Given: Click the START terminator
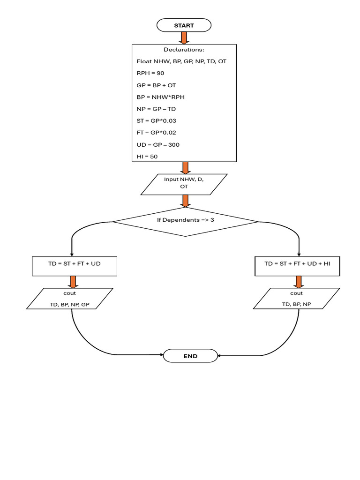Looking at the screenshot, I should point(184,25).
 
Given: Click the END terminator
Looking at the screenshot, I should point(190,356).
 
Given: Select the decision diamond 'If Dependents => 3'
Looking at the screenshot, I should point(185,220).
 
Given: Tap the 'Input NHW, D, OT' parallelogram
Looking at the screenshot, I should point(184,184).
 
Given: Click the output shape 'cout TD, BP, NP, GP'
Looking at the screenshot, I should point(70,299).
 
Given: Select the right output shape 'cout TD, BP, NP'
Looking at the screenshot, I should point(296,299).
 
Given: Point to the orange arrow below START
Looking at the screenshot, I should point(184,37).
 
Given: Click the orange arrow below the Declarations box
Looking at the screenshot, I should point(185,167).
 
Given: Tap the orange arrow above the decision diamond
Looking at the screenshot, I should point(185,201).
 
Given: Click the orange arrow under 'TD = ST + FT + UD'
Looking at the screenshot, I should point(73,282).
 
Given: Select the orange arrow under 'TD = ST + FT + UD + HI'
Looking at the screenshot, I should point(298,282).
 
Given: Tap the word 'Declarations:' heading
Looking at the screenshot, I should point(184,49).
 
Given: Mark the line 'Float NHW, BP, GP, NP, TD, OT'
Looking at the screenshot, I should point(181,61).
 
